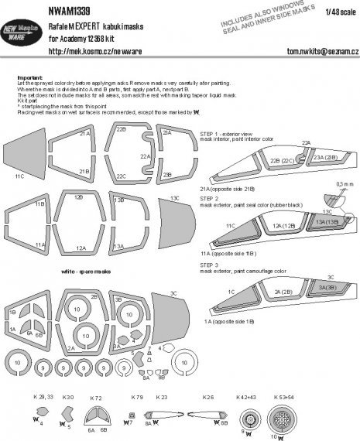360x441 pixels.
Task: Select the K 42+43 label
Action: [x=248, y=398]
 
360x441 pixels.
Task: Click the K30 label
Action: [x=68, y=398]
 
